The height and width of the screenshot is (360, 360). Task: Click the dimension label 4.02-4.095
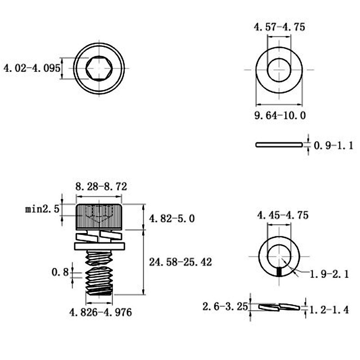(x=32, y=68)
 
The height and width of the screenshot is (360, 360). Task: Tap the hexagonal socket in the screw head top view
(x=99, y=68)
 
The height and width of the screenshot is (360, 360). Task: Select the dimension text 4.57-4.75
(x=279, y=27)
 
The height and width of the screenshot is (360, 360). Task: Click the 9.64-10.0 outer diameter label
(x=280, y=115)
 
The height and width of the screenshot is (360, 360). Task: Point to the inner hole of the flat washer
(x=279, y=70)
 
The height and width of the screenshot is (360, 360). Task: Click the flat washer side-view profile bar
(x=279, y=144)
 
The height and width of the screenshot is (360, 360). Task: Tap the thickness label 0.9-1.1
(x=333, y=145)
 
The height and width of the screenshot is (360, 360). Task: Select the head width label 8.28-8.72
(x=101, y=186)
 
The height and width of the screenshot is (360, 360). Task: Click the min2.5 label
(x=42, y=209)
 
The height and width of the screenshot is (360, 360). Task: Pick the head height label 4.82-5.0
(x=172, y=218)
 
